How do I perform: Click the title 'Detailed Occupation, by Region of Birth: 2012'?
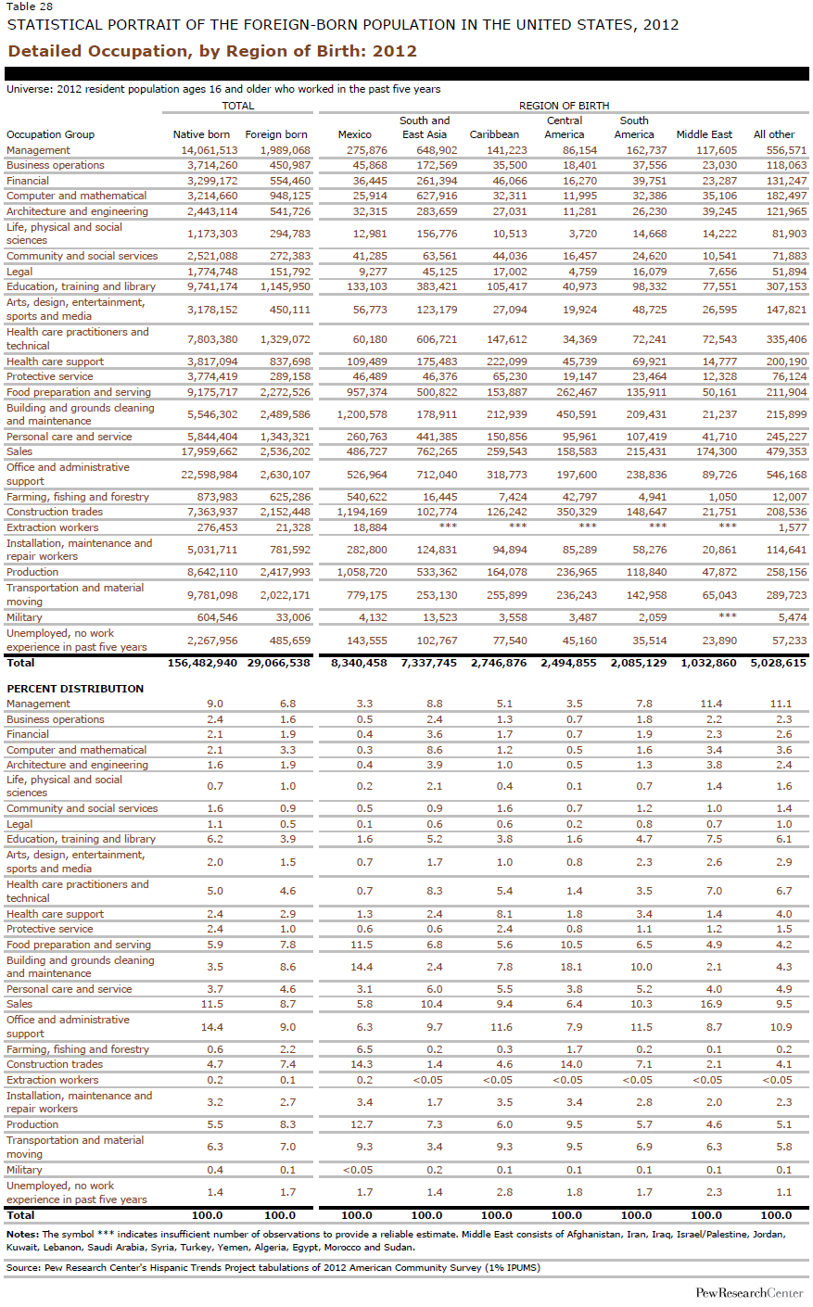[x=212, y=51]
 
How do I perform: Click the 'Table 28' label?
[x=28, y=6]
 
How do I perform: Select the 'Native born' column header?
[x=201, y=134]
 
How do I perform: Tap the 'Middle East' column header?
[x=704, y=134]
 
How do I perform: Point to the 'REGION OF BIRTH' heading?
[x=564, y=106]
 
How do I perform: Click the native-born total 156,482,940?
[x=202, y=663]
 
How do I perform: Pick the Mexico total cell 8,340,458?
[x=358, y=663]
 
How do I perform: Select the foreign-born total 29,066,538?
[x=278, y=663]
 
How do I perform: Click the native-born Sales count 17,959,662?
[x=209, y=451]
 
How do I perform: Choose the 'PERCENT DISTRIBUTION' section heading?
[x=75, y=689]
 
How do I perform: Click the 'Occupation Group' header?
[x=50, y=134]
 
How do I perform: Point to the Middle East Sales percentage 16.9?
[x=710, y=1004]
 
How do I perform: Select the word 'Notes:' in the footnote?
[x=22, y=1234]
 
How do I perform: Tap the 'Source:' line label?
[x=23, y=1267]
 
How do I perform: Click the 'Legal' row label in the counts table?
[x=19, y=272]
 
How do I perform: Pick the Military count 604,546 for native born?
[x=217, y=617]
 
